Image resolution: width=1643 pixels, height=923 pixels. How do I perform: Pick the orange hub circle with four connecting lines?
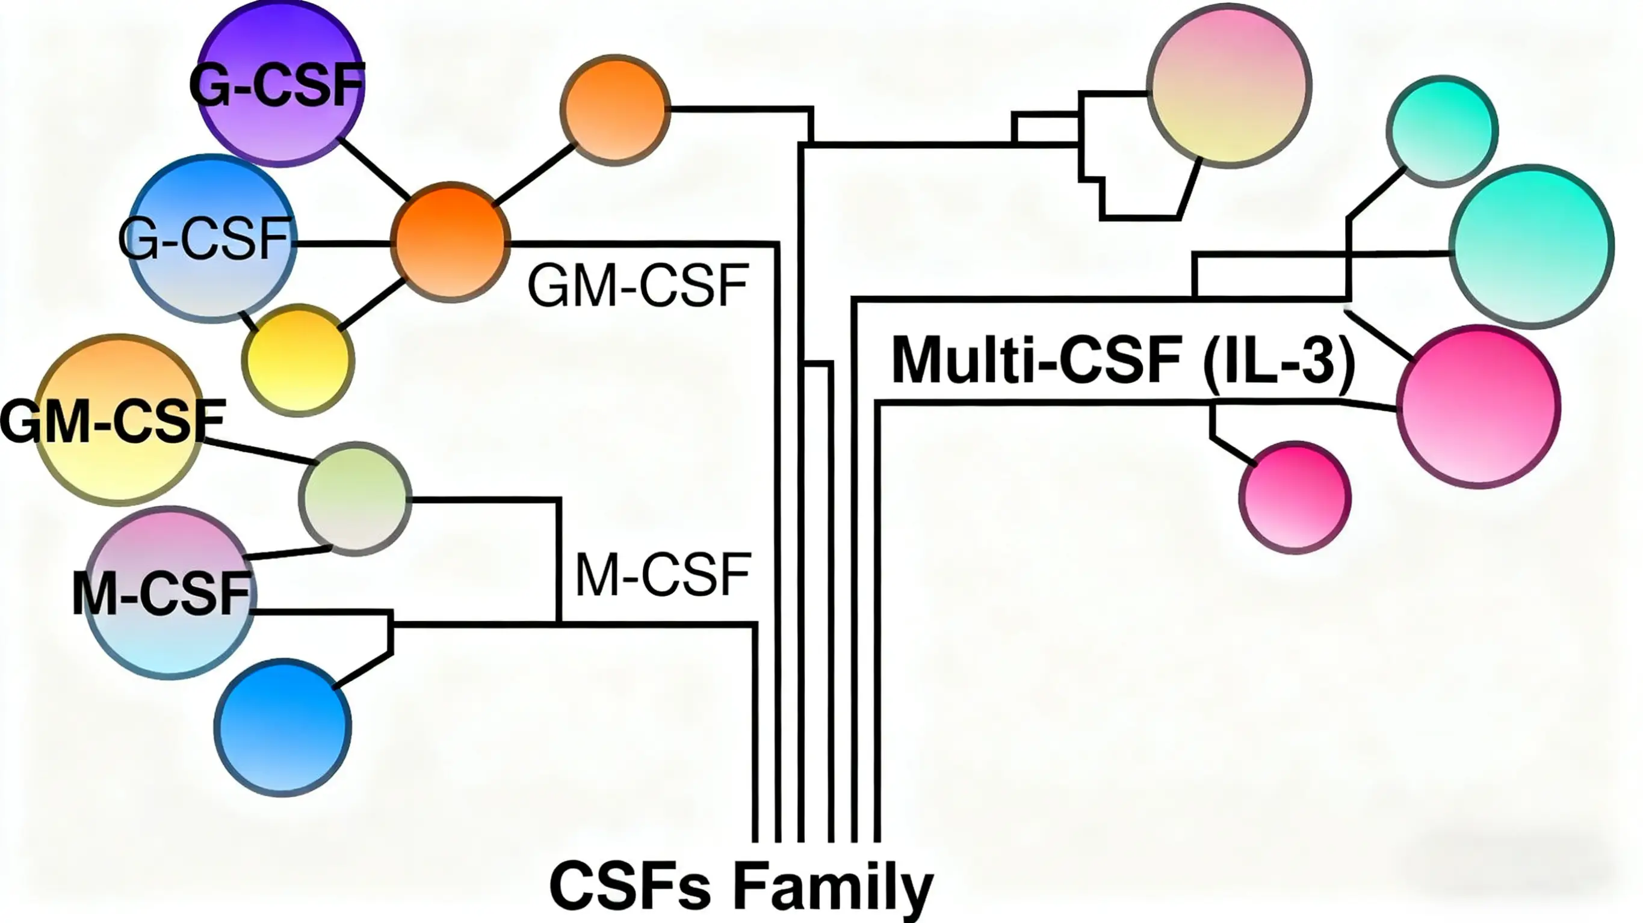450,242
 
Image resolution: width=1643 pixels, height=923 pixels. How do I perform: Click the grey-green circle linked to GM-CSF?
355,498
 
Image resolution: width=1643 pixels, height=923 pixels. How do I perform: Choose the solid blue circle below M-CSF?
282,726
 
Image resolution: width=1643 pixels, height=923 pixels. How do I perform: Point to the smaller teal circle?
1442,130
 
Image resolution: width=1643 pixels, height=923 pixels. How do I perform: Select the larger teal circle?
1532,246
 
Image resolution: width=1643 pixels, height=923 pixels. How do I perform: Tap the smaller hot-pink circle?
1295,497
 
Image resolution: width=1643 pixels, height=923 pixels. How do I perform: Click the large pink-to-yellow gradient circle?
1228,87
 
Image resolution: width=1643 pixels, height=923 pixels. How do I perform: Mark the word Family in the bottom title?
833,887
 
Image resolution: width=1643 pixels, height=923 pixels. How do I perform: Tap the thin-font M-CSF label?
663,575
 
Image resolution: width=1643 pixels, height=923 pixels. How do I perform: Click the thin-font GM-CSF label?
638,286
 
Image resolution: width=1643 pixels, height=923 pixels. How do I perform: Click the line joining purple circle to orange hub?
373,168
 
